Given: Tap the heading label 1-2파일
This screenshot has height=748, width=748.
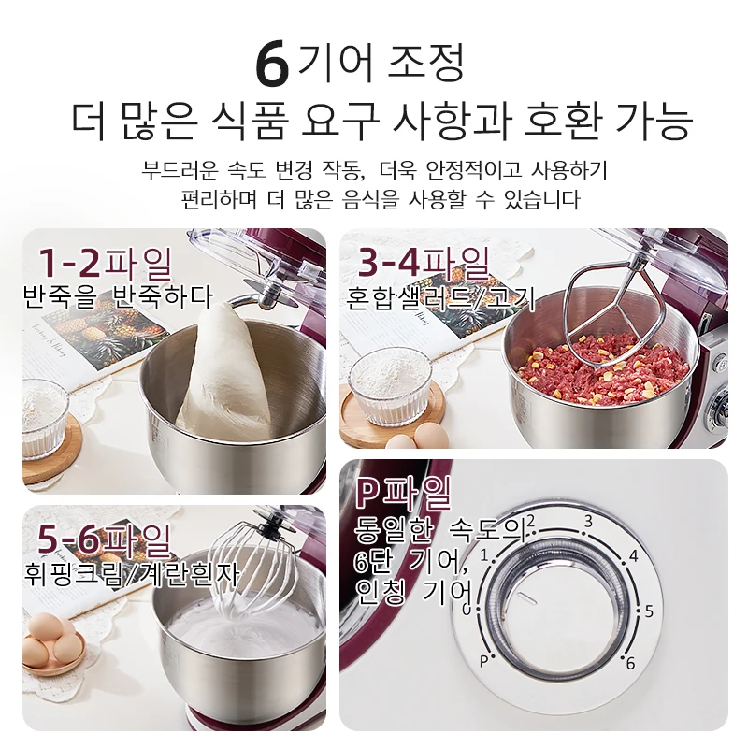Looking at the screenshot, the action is pyautogui.click(x=106, y=264).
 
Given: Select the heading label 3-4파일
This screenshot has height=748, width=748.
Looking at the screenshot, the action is pyautogui.click(x=424, y=263).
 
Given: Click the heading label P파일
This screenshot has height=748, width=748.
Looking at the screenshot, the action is pyautogui.click(x=404, y=494).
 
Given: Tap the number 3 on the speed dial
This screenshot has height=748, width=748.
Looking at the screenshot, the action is pyautogui.click(x=588, y=522).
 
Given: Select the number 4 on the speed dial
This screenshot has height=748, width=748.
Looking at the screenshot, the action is pyautogui.click(x=634, y=555).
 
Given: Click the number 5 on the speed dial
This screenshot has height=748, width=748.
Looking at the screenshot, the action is pyautogui.click(x=649, y=611).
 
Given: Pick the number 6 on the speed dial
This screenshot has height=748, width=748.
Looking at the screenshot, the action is pyautogui.click(x=630, y=663).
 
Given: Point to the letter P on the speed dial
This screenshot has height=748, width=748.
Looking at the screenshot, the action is pyautogui.click(x=483, y=662).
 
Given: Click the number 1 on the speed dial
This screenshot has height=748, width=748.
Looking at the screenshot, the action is pyautogui.click(x=484, y=555).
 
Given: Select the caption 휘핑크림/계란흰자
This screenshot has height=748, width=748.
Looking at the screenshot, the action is pyautogui.click(x=131, y=575).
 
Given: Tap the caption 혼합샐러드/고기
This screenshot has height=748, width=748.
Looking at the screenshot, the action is pyautogui.click(x=440, y=298).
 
